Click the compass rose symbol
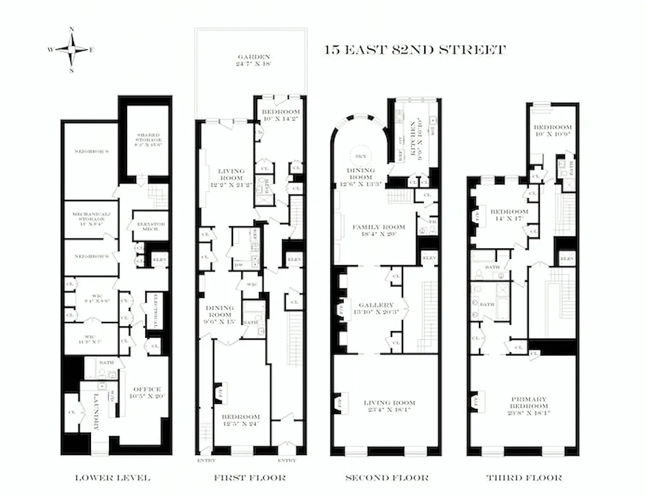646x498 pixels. coord(72,49)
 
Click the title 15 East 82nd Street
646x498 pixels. coord(415,50)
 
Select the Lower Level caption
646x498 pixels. coord(112,478)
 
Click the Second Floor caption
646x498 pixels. coord(387,478)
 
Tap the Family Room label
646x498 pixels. coord(378,230)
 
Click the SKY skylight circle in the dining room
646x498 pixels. coord(360,156)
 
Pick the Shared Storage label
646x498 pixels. coord(149,138)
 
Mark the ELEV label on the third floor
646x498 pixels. coord(567,258)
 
